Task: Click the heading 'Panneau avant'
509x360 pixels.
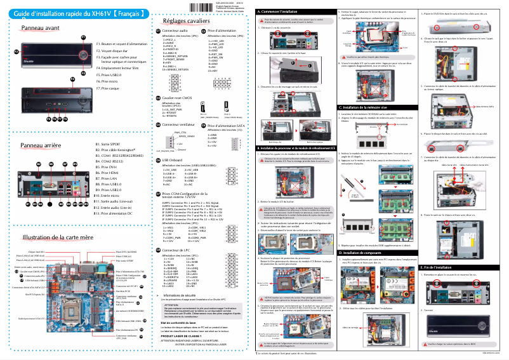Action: coord(41,29)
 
